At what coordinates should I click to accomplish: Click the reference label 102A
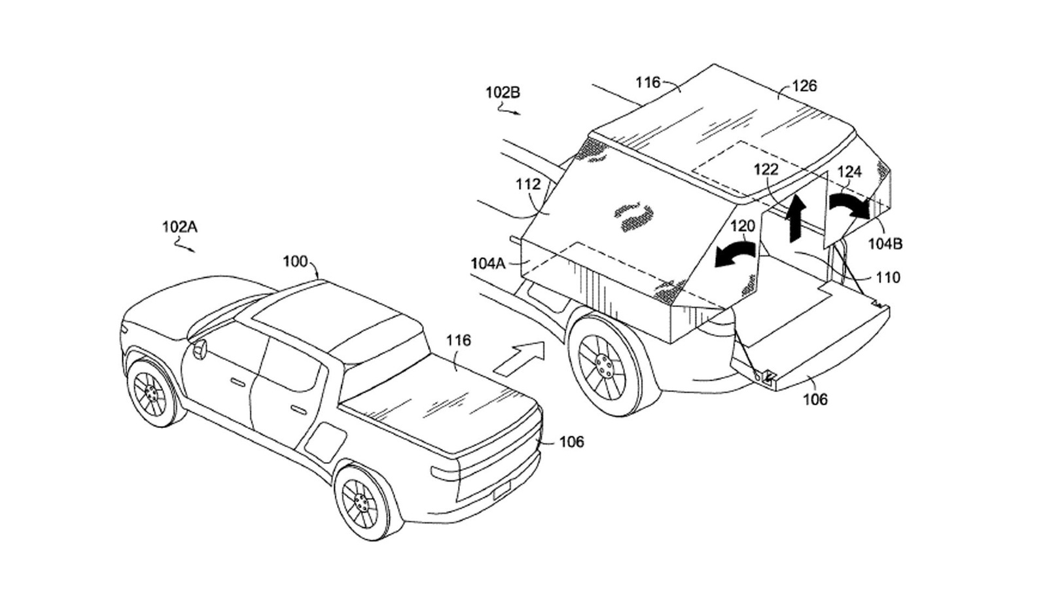[179, 227]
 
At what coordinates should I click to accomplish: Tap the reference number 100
[295, 262]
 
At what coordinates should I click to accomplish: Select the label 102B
[503, 92]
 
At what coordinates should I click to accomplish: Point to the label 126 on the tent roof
[804, 86]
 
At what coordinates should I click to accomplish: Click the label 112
[528, 185]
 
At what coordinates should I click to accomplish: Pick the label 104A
[488, 263]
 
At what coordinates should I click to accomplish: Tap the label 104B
[885, 243]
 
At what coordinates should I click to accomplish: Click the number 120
[742, 226]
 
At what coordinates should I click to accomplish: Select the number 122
[766, 170]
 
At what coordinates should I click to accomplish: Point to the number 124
[849, 172]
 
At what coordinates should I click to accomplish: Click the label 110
[888, 277]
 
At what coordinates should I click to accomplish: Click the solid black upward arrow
[796, 217]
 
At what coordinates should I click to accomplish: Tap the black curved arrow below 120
[735, 254]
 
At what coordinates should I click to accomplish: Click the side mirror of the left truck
[198, 348]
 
